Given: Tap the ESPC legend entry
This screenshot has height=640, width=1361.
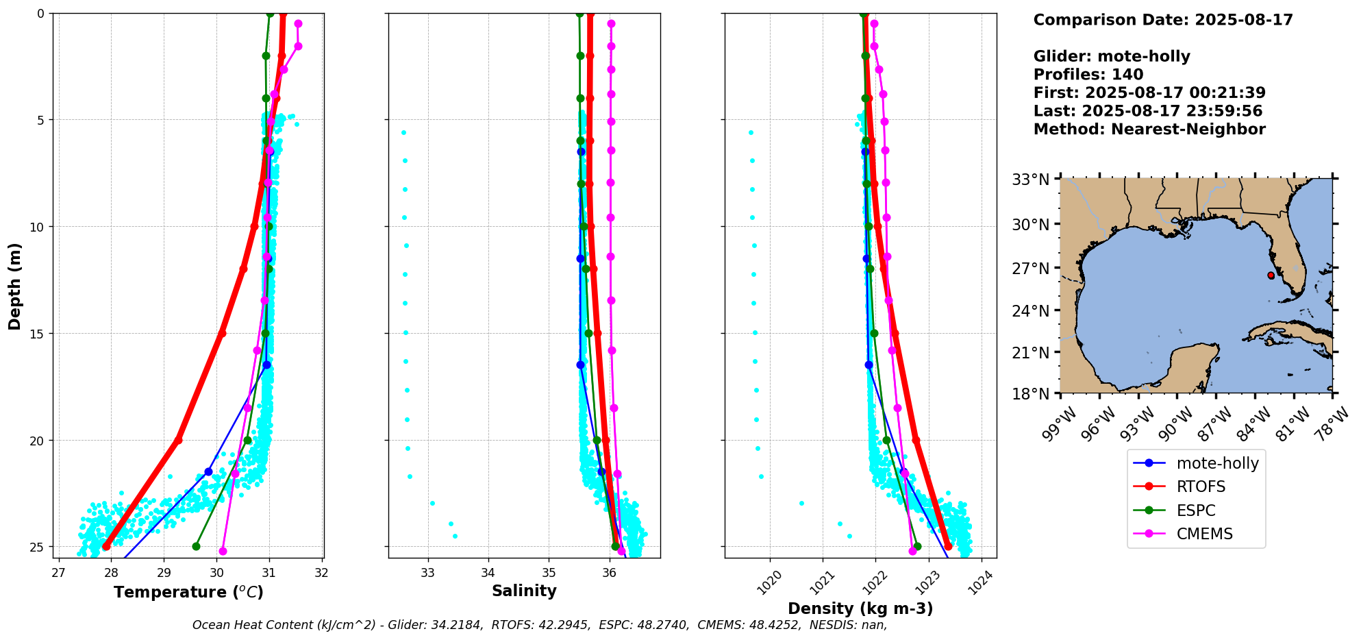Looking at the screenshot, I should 1196,510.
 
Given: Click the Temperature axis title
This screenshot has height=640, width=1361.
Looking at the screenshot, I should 188,592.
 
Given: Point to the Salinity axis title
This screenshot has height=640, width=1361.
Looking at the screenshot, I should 524,591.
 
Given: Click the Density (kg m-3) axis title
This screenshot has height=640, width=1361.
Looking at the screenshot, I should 860,608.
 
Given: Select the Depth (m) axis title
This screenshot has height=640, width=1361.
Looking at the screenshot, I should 15,286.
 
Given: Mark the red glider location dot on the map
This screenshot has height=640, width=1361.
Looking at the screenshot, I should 1271,275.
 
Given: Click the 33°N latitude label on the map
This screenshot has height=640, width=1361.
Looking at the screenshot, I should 1031,180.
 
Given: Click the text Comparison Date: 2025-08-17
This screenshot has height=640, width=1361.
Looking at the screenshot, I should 1163,20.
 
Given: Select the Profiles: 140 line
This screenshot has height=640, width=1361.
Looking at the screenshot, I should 1088,75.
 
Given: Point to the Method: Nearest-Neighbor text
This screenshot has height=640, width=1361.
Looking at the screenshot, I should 1149,130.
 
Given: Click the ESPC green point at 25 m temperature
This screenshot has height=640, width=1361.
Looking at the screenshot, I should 196,546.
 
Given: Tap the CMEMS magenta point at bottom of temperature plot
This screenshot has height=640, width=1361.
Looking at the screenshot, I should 223,551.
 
